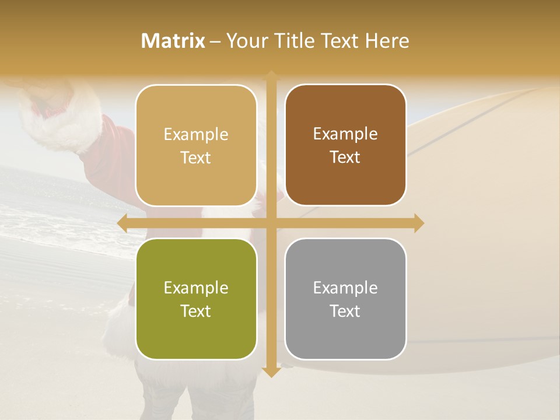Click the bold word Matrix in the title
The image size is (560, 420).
173,41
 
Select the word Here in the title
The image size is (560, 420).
387,41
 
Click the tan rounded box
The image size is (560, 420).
196,145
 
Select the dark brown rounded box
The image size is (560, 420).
345,145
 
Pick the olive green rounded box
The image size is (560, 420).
196,299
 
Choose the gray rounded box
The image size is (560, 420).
345,299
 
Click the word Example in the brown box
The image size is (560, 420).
345,134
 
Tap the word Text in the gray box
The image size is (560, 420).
345,311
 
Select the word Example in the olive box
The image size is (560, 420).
196,288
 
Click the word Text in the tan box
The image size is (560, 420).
196,157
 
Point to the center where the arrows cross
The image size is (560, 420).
271,223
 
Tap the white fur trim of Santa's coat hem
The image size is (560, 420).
120,327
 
